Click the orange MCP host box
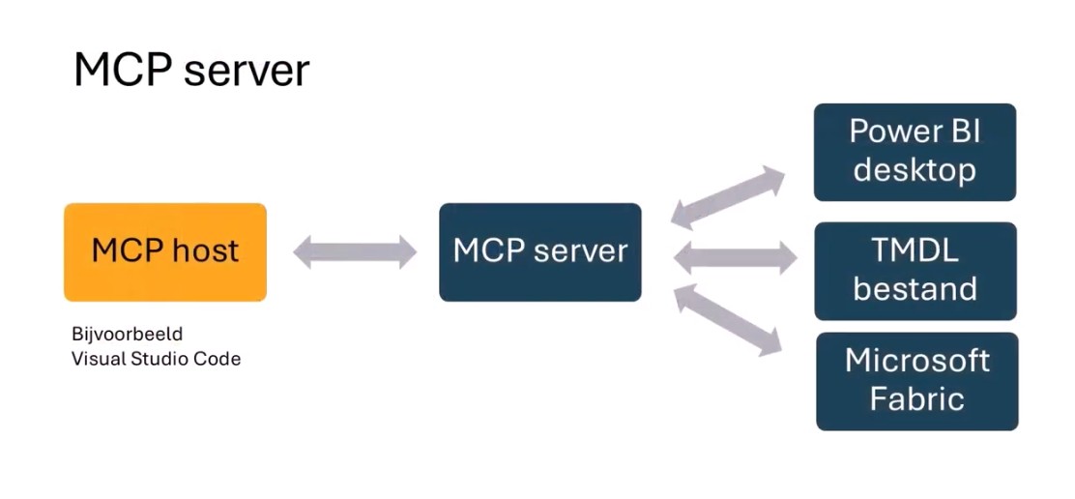click(x=164, y=252)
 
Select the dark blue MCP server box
click(x=539, y=252)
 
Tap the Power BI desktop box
click(x=915, y=152)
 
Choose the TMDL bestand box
click(x=915, y=271)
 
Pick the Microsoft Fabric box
click(x=916, y=381)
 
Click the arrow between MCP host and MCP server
click(x=354, y=252)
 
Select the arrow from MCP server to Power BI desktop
click(x=728, y=196)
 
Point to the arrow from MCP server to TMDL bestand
click(x=734, y=258)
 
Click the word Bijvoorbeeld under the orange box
click(x=127, y=335)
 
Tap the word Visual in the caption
click(x=95, y=359)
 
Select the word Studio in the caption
click(x=160, y=359)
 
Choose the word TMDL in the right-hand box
click(x=915, y=251)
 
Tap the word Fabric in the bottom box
click(x=916, y=399)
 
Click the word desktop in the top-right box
click(x=915, y=171)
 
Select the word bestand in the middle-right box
click(x=915, y=289)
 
